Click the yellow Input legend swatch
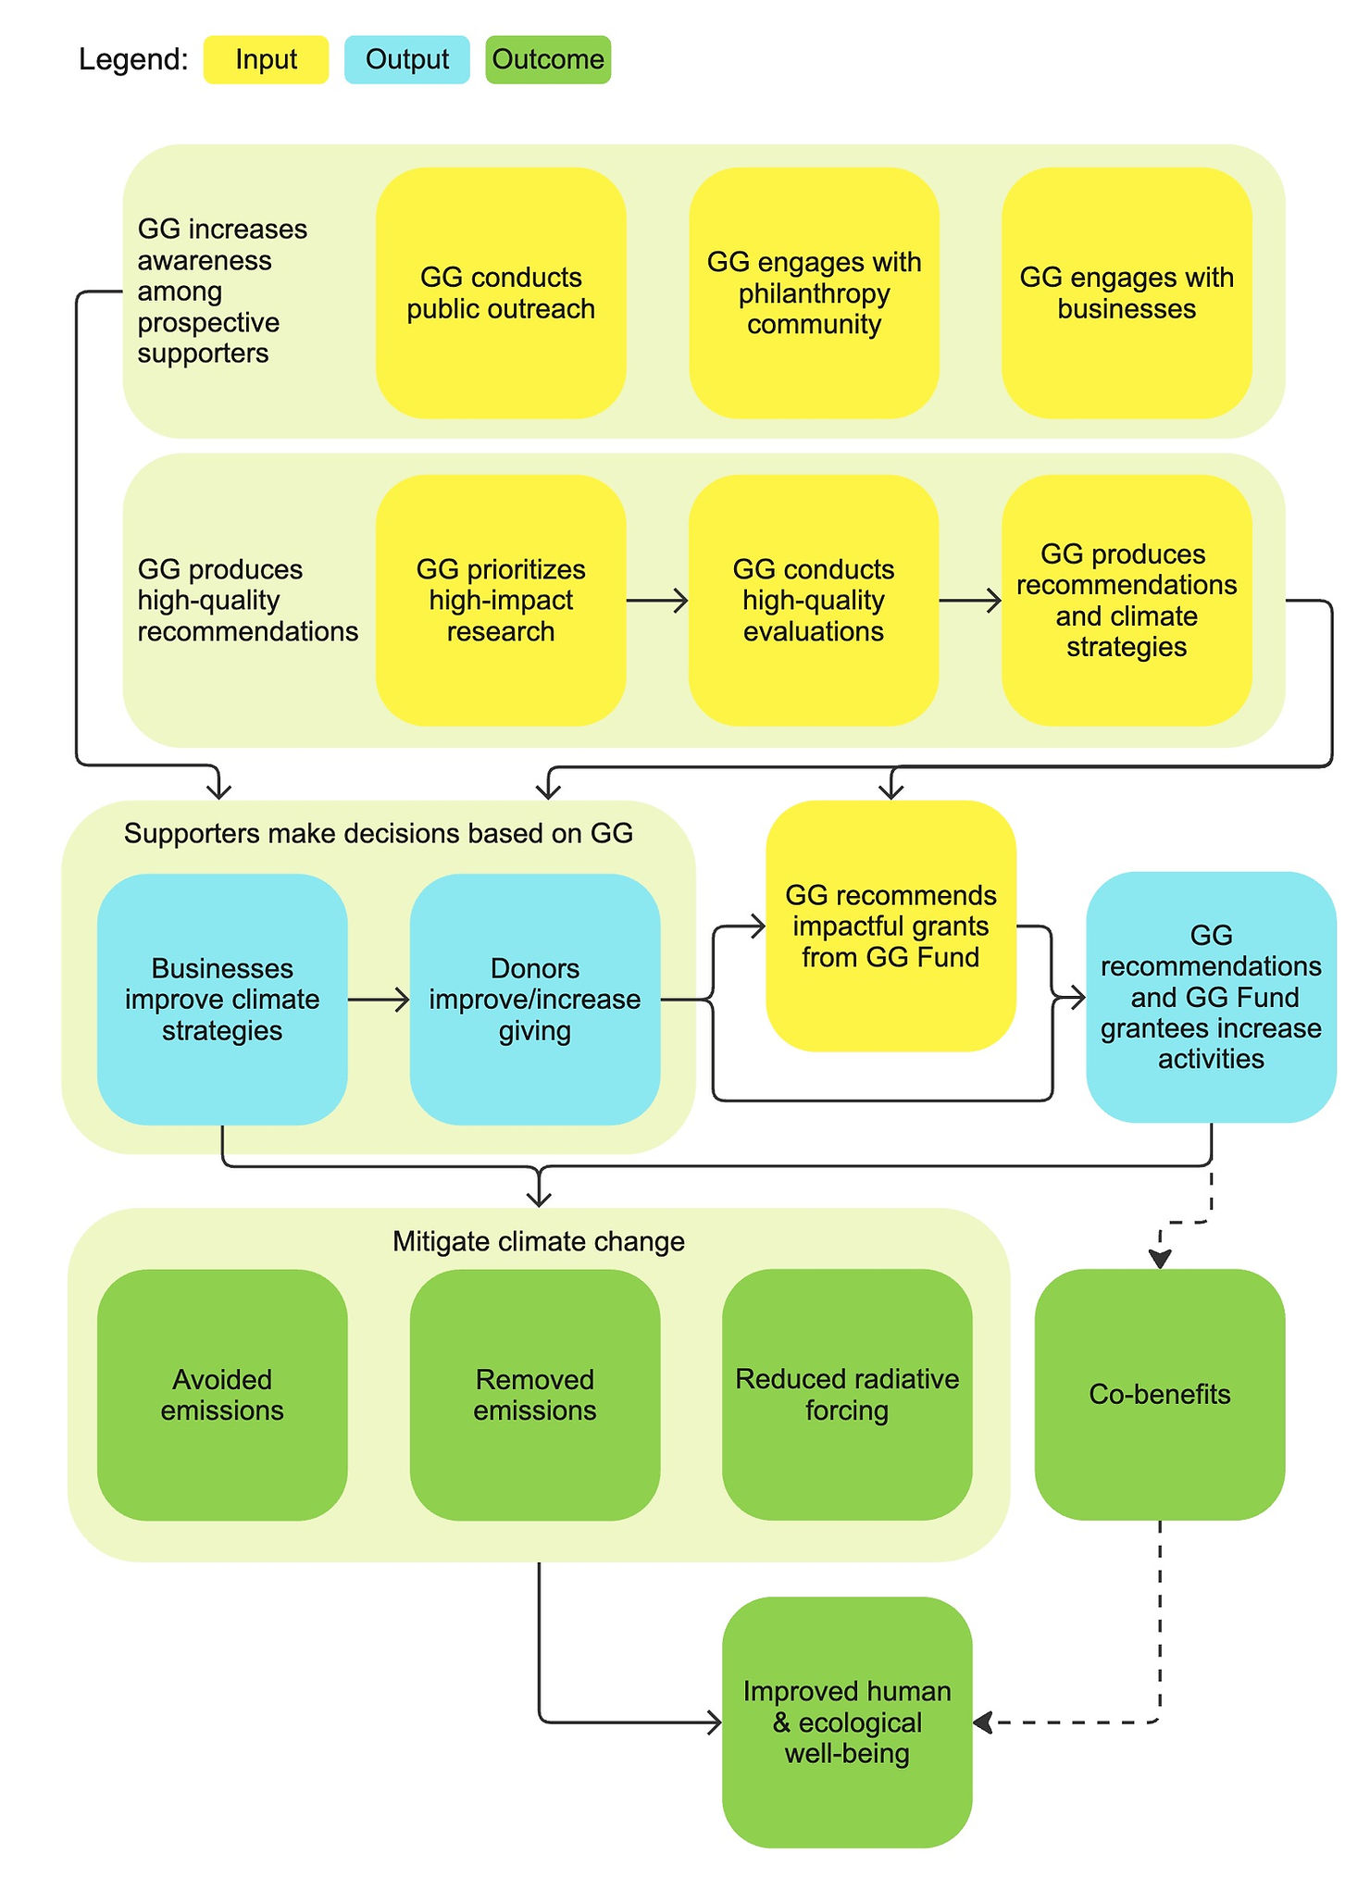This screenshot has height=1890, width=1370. click(x=266, y=60)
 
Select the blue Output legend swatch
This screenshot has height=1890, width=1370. click(x=406, y=60)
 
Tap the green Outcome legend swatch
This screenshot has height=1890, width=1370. click(x=547, y=60)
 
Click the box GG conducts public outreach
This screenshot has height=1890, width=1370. click(x=501, y=292)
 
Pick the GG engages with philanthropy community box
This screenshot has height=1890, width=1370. click(x=814, y=292)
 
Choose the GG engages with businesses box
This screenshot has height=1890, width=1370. click(x=1127, y=292)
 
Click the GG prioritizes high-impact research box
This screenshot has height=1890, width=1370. click(x=501, y=600)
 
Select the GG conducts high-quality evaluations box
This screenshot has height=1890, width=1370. click(x=814, y=600)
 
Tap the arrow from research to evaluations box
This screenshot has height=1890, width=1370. click(x=657, y=601)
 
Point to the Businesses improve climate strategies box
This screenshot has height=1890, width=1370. click(x=222, y=1000)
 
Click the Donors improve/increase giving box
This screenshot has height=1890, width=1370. click(x=535, y=1000)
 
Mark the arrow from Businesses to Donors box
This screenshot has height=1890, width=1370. click(x=379, y=1000)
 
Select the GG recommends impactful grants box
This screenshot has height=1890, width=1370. click(x=890, y=926)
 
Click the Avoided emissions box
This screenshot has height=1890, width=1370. click(x=222, y=1394)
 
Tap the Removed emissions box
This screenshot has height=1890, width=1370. click(x=535, y=1394)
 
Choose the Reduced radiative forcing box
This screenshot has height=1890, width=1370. click(x=847, y=1394)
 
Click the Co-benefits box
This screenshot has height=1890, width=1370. click(x=1159, y=1394)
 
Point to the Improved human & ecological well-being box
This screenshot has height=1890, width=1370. click(x=847, y=1722)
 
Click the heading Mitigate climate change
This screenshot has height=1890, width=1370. click(x=538, y=1241)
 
